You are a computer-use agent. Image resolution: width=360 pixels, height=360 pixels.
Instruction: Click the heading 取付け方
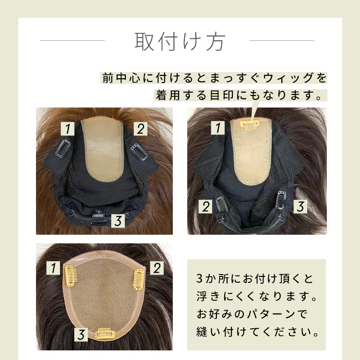(x=180, y=41)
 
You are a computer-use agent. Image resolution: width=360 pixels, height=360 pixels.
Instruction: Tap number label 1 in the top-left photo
(x=68, y=129)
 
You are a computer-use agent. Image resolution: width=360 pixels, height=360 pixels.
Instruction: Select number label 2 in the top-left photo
(x=141, y=129)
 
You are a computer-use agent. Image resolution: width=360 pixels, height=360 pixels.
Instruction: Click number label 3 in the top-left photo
(x=118, y=221)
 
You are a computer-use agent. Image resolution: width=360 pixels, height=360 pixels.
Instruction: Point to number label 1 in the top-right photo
(x=218, y=128)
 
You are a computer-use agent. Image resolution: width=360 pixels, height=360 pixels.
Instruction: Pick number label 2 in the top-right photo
(x=205, y=206)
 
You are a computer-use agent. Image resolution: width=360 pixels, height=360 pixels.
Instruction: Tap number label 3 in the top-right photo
(x=300, y=206)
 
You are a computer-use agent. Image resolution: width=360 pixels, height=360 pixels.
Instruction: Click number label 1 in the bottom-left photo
(x=53, y=268)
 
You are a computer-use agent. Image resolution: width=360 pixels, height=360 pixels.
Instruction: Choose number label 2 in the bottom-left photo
(x=157, y=268)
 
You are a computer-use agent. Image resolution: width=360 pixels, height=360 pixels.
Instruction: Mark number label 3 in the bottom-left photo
(x=81, y=335)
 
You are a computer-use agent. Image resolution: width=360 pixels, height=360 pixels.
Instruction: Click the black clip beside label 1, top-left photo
(x=63, y=149)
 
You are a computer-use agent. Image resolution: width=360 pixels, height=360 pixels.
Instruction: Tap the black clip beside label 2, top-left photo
(x=140, y=152)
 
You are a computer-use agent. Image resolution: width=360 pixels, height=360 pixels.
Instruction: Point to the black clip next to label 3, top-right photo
(x=280, y=200)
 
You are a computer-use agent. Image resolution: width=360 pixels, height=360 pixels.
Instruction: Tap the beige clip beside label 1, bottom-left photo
(x=70, y=276)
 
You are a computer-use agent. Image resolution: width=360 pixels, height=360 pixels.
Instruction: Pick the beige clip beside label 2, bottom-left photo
(x=138, y=279)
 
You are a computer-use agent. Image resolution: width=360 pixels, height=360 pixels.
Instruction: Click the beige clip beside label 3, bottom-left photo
(x=105, y=334)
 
